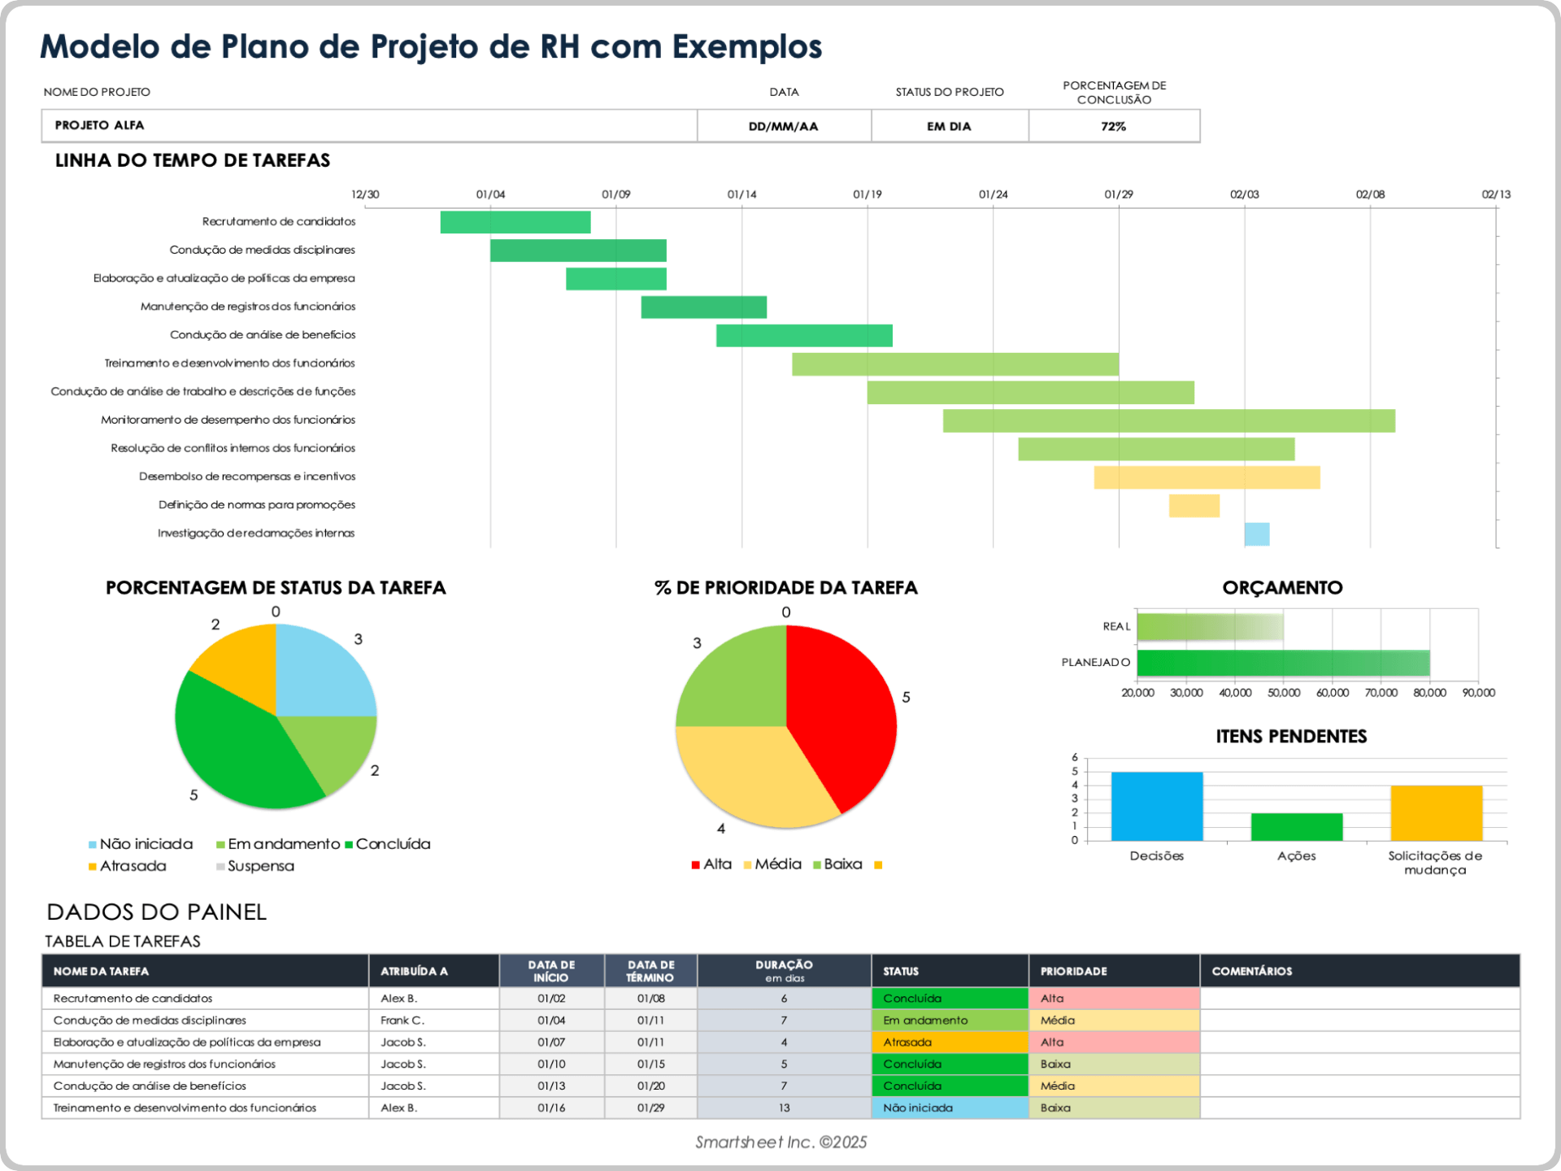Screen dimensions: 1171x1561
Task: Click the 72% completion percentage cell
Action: tap(1113, 126)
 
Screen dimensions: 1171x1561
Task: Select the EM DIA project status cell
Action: tap(949, 126)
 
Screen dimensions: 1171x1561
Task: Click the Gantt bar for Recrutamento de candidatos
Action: tap(515, 222)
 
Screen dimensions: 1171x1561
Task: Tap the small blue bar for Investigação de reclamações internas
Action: tap(1256, 534)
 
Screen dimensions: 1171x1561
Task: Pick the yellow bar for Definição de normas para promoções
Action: tap(1194, 506)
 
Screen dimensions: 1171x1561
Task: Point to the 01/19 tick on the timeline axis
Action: tap(867, 194)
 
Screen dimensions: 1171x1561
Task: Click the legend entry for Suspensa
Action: tap(260, 866)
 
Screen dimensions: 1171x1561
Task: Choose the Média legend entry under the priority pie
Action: tap(776, 864)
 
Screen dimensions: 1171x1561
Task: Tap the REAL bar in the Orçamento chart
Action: tap(1209, 627)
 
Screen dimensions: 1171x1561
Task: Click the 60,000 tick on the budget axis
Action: tap(1332, 693)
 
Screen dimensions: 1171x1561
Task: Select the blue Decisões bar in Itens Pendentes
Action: tap(1156, 806)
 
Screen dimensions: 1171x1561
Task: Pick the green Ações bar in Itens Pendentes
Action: tap(1296, 826)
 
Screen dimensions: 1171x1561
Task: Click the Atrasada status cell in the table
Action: tap(949, 1043)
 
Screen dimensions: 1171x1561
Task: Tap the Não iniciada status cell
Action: tap(949, 1108)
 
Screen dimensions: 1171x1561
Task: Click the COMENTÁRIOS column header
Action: tap(1251, 971)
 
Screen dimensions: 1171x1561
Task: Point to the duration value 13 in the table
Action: tap(784, 1108)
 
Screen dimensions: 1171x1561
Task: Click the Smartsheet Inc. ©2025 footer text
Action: tap(780, 1143)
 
